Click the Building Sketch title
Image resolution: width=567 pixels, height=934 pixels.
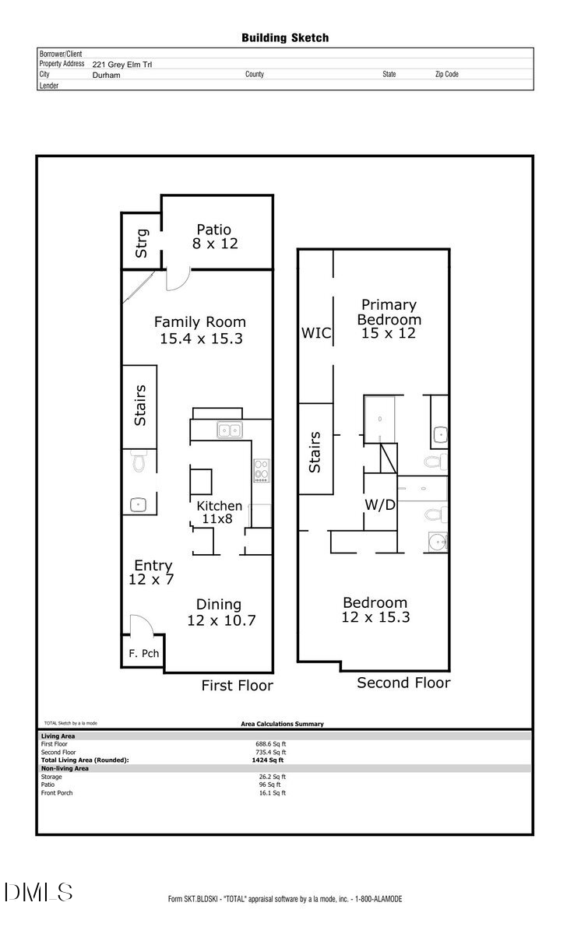click(284, 37)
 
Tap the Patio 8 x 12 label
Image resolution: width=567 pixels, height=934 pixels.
click(214, 237)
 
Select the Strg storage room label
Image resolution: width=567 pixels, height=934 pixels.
click(142, 243)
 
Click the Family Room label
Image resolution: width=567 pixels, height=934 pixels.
click(199, 330)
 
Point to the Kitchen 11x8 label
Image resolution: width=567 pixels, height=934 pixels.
click(219, 512)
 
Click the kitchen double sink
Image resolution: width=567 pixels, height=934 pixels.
click(229, 429)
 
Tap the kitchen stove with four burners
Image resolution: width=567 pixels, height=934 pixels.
click(261, 469)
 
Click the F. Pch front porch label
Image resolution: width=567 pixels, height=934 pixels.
click(144, 653)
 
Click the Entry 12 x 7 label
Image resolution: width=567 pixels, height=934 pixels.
click(153, 573)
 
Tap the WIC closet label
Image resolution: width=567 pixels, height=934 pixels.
click(316, 334)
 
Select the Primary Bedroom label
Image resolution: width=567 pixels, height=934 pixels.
click(389, 318)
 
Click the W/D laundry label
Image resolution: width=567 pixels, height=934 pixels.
click(380, 505)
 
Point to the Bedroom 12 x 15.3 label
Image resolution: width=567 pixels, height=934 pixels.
click(375, 610)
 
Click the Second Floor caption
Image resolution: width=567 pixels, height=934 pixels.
click(403, 683)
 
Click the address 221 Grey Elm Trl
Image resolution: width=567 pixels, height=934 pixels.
click(122, 65)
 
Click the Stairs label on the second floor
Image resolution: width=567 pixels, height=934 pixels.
click(315, 452)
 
